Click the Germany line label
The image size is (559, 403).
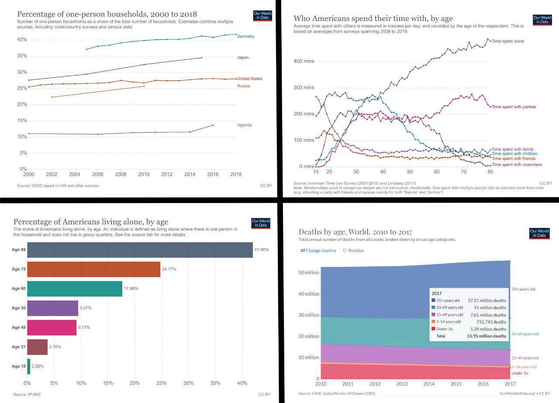245,37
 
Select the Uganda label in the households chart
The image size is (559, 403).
244,125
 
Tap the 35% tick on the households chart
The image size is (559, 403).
22,56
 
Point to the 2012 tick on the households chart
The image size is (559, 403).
167,174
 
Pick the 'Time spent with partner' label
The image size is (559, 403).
514,107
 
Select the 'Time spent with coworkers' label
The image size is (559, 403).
517,165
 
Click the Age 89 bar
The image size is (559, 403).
140,250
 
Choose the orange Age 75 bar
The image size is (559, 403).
93,269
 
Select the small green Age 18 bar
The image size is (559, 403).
28,366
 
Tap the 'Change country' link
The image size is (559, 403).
318,251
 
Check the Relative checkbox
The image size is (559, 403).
345,251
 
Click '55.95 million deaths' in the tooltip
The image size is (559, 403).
487,336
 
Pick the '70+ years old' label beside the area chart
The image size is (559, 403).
523,289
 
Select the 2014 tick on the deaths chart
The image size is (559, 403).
429,384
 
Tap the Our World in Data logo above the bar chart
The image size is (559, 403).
261,223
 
